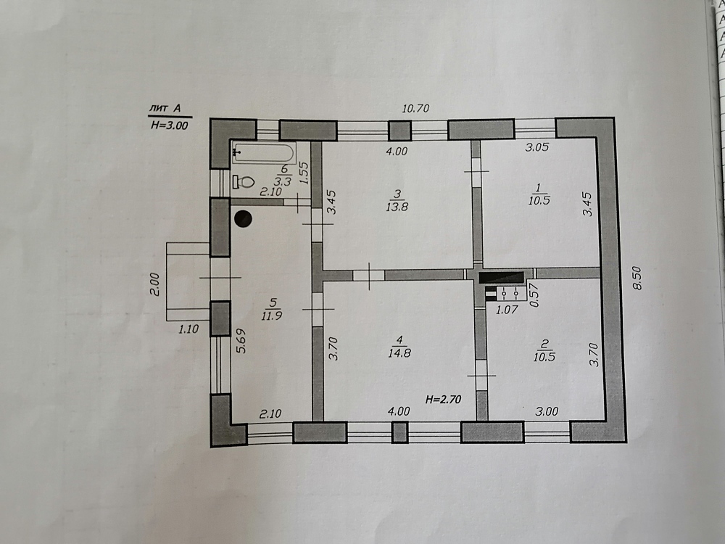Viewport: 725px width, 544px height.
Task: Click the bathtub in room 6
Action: [x=264, y=152]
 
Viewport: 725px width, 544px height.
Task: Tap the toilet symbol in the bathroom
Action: [x=244, y=182]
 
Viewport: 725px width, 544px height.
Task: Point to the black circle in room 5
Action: [x=243, y=219]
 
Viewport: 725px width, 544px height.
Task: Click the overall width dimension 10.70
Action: [x=415, y=109]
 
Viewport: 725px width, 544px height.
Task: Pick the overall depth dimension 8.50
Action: [x=637, y=278]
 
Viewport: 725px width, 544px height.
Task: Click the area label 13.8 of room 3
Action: [x=397, y=207]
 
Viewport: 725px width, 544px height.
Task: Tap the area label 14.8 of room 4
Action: [x=399, y=353]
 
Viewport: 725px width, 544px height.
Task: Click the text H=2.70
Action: [x=443, y=399]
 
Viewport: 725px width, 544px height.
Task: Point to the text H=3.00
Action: [x=169, y=125]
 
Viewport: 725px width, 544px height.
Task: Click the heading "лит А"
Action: [x=165, y=109]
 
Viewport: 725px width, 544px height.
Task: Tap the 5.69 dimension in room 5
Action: [x=241, y=341]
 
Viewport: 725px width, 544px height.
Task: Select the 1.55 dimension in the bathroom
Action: [x=303, y=173]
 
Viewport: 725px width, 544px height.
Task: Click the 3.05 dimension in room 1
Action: [x=536, y=147]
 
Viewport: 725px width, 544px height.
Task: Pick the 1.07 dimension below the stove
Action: [x=507, y=310]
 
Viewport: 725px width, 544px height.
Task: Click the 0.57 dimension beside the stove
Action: [x=534, y=295]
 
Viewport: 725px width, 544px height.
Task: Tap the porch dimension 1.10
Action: [x=188, y=329]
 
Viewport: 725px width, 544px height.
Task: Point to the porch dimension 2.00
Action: [x=154, y=284]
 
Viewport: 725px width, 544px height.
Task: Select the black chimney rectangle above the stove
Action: [x=501, y=278]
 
